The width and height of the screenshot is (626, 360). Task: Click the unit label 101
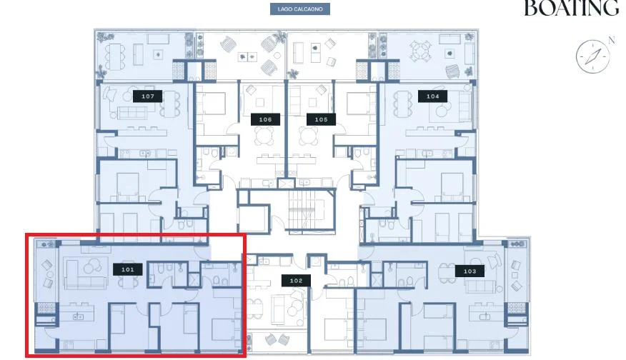coord(128,269)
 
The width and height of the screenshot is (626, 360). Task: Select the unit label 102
coord(296,281)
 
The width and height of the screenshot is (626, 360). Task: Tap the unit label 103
coord(470,271)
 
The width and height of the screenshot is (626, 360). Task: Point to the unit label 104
coord(433,96)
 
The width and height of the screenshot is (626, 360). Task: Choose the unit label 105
coord(321,119)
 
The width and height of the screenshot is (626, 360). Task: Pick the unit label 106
coord(266,119)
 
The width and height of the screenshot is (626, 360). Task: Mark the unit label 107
coord(148,96)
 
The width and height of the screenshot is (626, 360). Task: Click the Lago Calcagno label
coord(300,9)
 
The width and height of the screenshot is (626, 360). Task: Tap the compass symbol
coord(593,56)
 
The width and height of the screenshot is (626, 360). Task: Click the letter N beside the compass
coord(611,40)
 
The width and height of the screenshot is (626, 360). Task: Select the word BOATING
coord(571,8)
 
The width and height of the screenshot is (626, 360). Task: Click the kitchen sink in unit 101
coord(79,316)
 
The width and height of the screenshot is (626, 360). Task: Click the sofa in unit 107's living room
coord(132,113)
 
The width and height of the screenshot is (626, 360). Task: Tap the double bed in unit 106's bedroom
coord(212,104)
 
